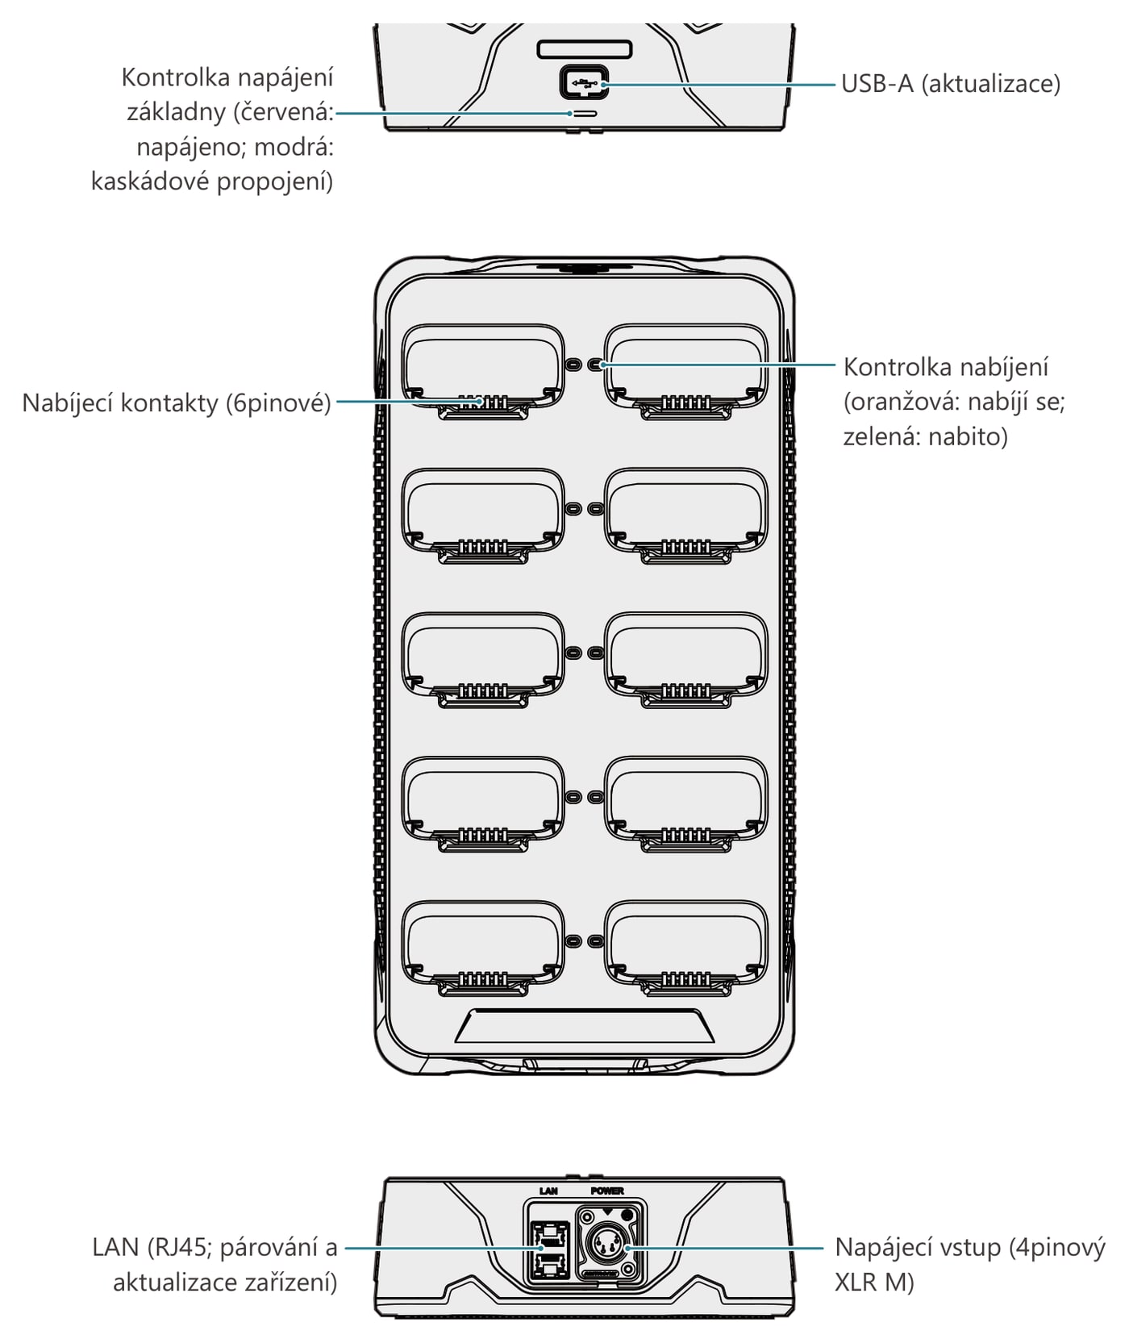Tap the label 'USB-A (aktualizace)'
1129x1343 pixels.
point(951,84)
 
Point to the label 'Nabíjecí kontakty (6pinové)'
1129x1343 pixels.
point(177,402)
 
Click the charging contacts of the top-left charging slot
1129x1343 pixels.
point(482,401)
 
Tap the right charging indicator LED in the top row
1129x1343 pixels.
point(596,365)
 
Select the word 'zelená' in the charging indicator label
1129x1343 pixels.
point(881,436)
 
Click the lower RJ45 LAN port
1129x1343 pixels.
point(548,1263)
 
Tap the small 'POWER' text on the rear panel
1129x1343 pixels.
point(607,1191)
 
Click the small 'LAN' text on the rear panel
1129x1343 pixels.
point(548,1191)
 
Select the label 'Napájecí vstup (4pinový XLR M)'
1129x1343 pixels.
point(970,1265)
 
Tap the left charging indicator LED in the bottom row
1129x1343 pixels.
point(573,941)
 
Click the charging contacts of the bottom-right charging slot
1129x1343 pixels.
point(686,978)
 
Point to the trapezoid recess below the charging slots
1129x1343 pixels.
point(584,1024)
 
